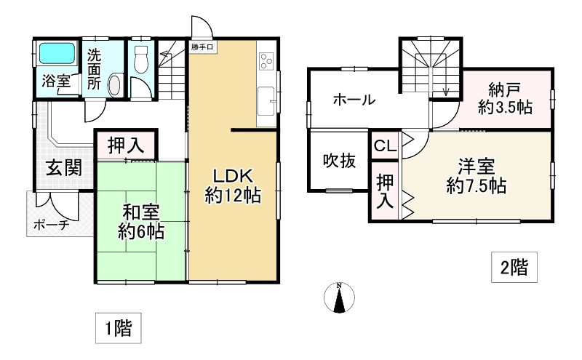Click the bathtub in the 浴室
(56, 55)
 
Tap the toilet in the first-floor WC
(142, 59)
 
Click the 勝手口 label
(203, 47)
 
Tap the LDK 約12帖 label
(232, 185)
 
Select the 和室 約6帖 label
(140, 223)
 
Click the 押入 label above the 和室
(126, 145)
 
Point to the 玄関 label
(64, 169)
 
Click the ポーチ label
(52, 225)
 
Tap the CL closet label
(385, 145)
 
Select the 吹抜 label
(339, 161)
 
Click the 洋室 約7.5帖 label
(477, 175)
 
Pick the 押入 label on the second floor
(384, 191)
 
